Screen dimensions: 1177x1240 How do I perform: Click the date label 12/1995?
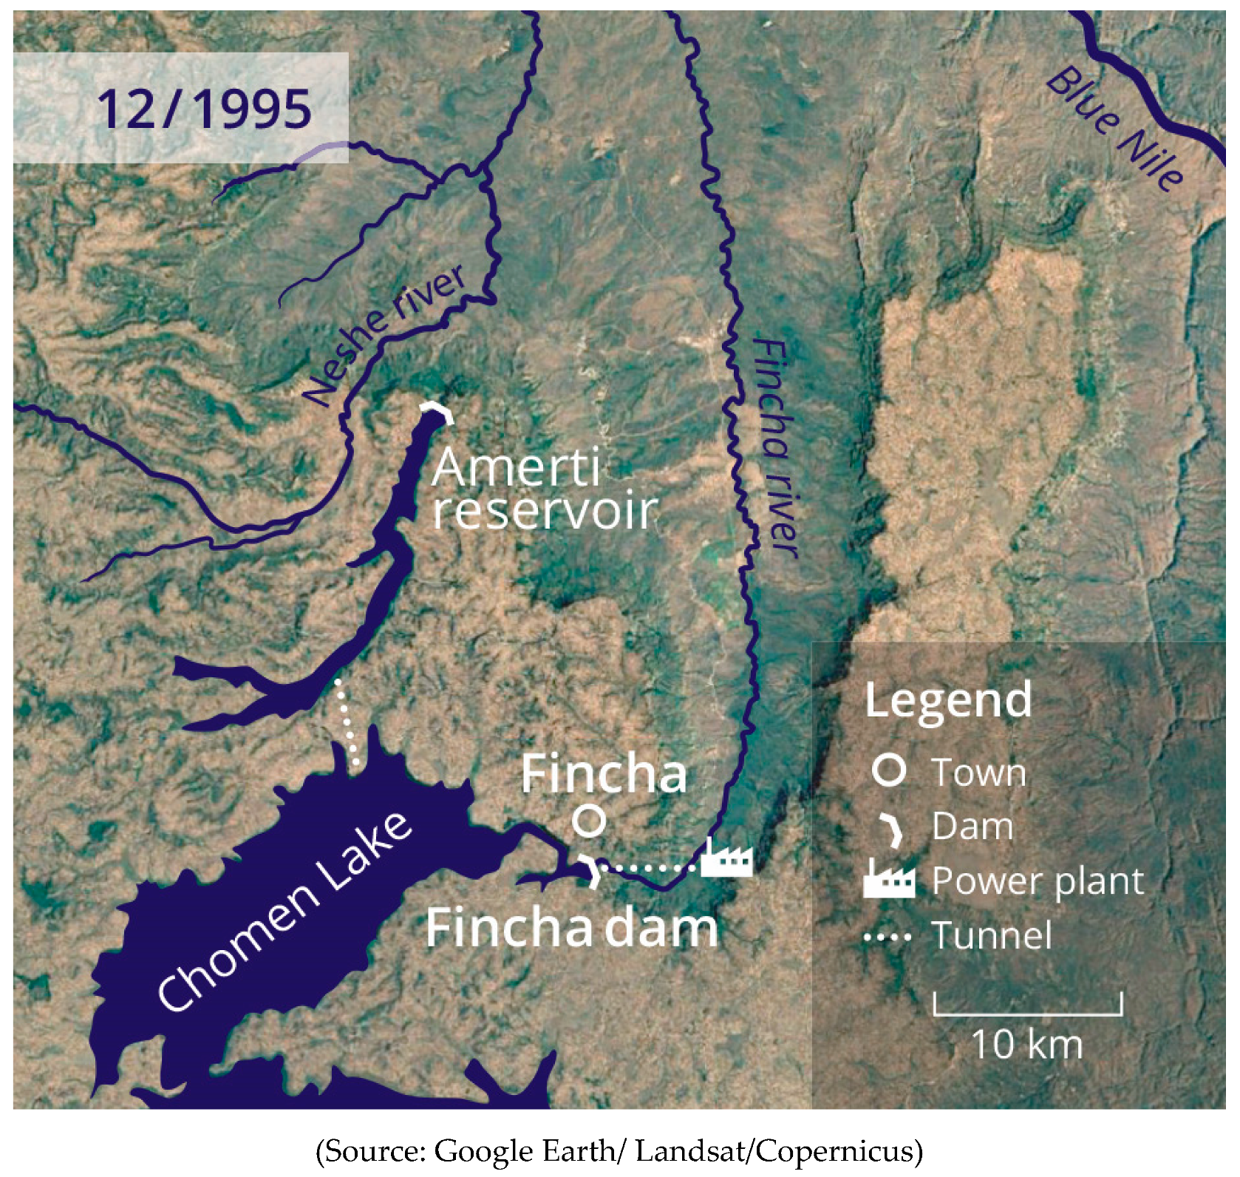click(x=204, y=109)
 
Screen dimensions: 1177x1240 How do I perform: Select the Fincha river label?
click(x=775, y=448)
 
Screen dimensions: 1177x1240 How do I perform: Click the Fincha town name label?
click(x=604, y=775)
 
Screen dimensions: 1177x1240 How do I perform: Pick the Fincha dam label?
click(x=571, y=929)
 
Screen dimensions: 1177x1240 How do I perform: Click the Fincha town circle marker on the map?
click(x=589, y=820)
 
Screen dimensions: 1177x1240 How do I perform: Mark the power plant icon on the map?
click(x=726, y=859)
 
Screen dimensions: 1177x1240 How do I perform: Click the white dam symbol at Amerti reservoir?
click(x=437, y=411)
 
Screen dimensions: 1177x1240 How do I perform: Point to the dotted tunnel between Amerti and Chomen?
click(x=347, y=721)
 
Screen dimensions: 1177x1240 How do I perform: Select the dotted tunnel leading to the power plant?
click(x=650, y=867)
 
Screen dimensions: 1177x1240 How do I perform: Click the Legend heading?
click(x=948, y=699)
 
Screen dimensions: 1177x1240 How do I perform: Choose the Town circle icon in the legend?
click(x=888, y=770)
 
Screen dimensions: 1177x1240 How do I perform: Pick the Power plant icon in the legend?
click(x=889, y=880)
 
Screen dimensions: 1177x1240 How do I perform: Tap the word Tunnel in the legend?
click(x=991, y=936)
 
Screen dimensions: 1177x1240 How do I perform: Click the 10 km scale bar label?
click(x=1026, y=1044)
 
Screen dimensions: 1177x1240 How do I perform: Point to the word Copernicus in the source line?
click(x=839, y=1151)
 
